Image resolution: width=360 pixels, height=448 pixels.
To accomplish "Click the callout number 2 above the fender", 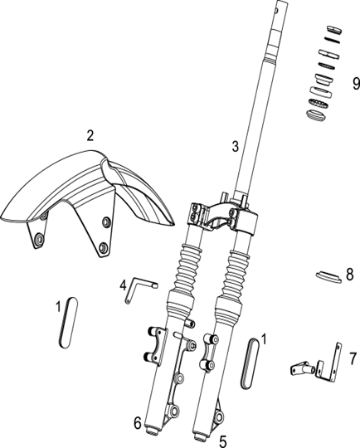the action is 90,135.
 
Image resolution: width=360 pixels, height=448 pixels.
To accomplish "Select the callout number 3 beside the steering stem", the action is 235,147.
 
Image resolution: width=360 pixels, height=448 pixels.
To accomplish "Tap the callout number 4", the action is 123,285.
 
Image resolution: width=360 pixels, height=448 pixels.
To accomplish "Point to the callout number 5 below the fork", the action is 223,441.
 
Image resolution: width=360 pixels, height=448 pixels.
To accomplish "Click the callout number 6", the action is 138,423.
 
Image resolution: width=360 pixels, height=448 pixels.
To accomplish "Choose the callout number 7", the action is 353,358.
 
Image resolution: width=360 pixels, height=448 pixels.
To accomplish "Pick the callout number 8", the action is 350,275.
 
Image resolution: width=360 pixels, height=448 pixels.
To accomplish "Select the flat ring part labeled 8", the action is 328,276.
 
